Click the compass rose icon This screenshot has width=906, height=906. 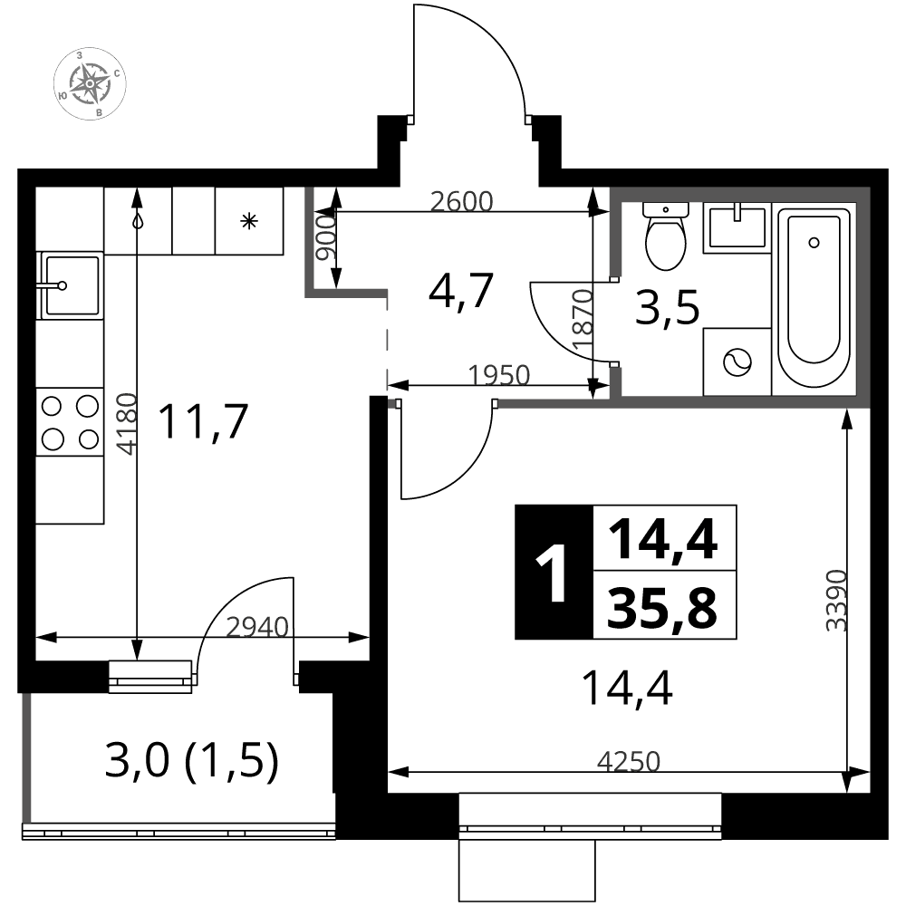point(90,83)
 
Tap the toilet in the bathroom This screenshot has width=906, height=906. point(666,236)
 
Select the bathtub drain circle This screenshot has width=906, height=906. point(814,243)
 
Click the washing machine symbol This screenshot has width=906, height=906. point(737,362)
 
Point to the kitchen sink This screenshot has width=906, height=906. point(70,284)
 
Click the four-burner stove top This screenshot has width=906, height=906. point(70,422)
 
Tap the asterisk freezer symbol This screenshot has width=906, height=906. point(249,221)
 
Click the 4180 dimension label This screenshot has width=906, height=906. point(127,423)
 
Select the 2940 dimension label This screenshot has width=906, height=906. point(257,627)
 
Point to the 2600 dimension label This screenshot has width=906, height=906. point(462,202)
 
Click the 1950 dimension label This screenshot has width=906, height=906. point(498,376)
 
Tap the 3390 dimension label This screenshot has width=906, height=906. point(836,601)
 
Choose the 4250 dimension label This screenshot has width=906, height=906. point(629,762)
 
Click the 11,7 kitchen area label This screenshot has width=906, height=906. point(203,422)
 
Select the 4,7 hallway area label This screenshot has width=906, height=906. point(460,291)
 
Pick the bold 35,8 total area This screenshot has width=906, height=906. point(662,607)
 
